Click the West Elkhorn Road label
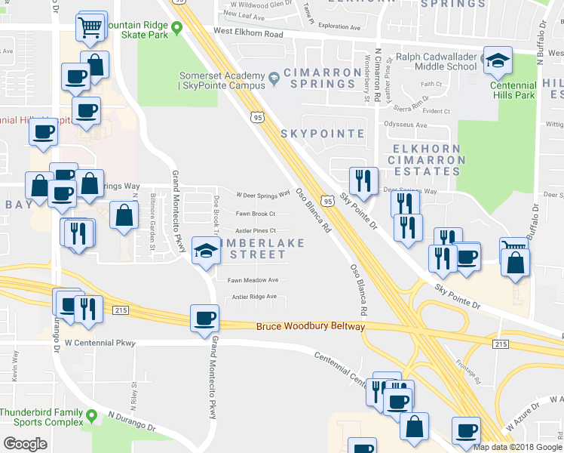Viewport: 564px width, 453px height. tap(248, 33)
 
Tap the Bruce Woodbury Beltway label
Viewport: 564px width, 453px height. tap(310, 327)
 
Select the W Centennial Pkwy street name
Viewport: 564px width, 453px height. tap(100, 343)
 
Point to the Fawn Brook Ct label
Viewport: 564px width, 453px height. tap(255, 214)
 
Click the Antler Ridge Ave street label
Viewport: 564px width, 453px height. tap(259, 297)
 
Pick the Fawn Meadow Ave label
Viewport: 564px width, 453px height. tap(253, 279)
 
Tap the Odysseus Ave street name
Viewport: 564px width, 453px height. tap(406, 124)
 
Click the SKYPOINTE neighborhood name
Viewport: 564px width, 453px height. tap(322, 134)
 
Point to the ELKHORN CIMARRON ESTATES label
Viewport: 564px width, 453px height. tap(426, 160)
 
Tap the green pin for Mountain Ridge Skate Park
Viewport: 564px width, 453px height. tap(177, 29)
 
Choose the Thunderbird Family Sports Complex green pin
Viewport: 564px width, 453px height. tap(91, 415)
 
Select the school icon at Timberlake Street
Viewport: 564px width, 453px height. tap(205, 251)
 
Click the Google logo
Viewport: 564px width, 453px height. tap(25, 444)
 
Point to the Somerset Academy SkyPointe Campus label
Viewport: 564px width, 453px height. tap(222, 81)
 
